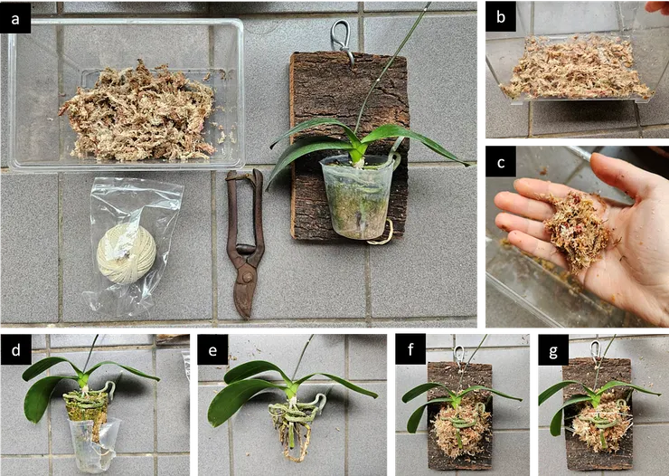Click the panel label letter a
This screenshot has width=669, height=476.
(x=15, y=19)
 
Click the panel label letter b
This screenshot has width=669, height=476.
(x=501, y=17)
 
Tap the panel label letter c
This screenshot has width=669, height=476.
(x=501, y=162)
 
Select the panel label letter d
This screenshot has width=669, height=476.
(x=15, y=349)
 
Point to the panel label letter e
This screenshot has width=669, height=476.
(x=212, y=350)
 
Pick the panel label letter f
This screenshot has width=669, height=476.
(x=410, y=349)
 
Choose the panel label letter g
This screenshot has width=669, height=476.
(x=553, y=351)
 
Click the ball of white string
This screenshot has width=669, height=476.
(x=127, y=254)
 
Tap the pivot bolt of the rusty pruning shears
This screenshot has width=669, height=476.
(x=247, y=278)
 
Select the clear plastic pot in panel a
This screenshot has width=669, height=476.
(x=360, y=196)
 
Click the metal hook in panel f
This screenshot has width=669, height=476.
(x=458, y=356)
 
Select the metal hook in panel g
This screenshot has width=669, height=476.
(x=595, y=351)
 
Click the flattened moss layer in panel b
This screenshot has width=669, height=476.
(x=576, y=68)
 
